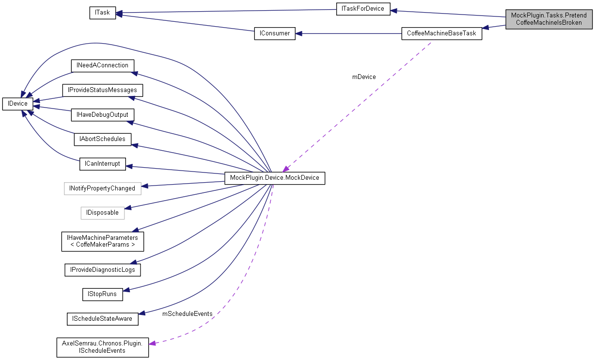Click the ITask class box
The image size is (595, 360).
(x=102, y=13)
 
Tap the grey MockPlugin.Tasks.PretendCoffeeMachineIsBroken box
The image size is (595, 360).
(x=548, y=19)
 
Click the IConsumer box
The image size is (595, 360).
(x=275, y=33)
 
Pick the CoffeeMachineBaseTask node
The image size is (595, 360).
(x=441, y=33)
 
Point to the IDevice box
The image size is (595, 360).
(x=17, y=103)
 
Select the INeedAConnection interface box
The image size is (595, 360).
(x=102, y=65)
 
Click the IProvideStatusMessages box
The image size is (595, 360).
(x=102, y=90)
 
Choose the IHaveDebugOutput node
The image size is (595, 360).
(x=102, y=115)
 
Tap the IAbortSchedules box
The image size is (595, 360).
(x=102, y=139)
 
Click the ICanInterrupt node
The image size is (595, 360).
(x=102, y=164)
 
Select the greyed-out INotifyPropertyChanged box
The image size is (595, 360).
(x=102, y=188)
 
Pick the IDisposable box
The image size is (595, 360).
(x=102, y=213)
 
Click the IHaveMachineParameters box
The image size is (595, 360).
(x=102, y=241)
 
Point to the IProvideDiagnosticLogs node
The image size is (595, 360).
(x=102, y=270)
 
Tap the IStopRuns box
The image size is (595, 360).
(x=102, y=294)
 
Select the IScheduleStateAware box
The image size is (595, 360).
(x=102, y=319)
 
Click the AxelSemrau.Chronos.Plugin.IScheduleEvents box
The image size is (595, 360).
(x=102, y=347)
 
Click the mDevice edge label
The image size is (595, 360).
(x=364, y=77)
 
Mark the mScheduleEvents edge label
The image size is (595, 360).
(x=187, y=314)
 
